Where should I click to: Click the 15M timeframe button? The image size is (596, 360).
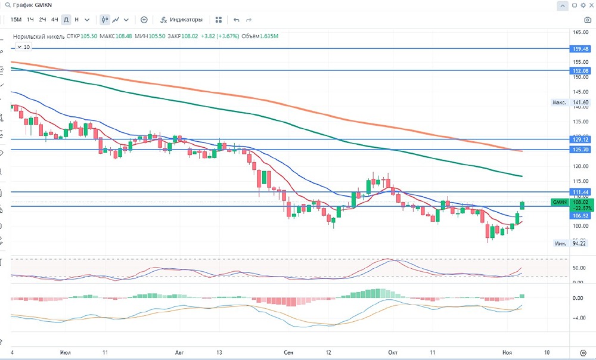(16, 20)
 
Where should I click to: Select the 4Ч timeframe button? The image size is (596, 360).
(54, 20)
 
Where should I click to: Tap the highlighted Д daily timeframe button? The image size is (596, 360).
(66, 20)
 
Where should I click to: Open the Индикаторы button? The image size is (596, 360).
(182, 20)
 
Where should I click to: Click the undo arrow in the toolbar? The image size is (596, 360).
(237, 20)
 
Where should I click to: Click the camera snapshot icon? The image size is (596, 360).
(587, 20)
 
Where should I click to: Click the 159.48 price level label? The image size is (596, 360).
(579, 49)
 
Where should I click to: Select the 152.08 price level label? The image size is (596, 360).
(579, 70)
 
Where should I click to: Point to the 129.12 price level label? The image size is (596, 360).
(579, 139)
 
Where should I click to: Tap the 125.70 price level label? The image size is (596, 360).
(579, 149)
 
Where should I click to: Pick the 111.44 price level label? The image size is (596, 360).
(579, 192)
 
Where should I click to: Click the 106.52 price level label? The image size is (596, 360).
(579, 216)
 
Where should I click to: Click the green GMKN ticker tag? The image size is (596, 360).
(559, 203)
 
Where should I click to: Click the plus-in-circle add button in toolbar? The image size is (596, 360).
(144, 20)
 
